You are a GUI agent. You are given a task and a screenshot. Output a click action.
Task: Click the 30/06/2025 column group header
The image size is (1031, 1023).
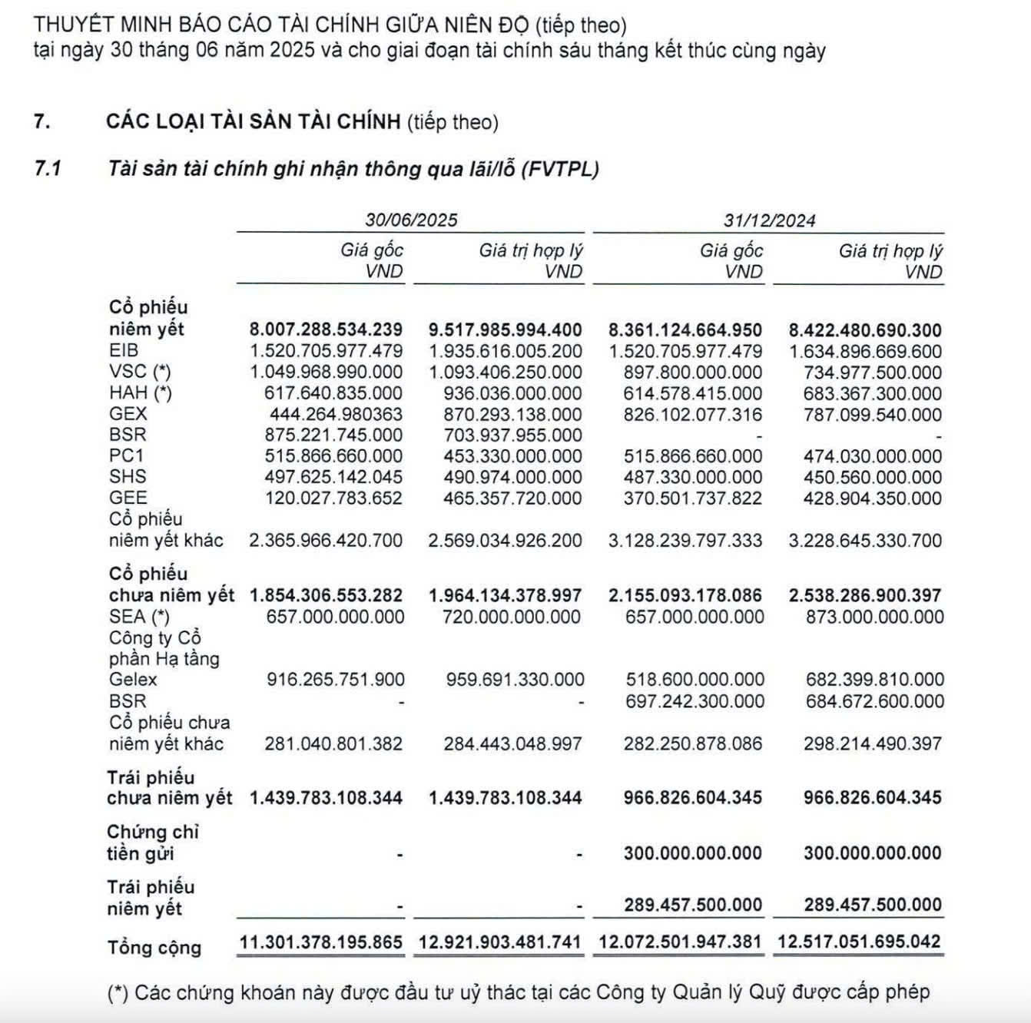(x=411, y=220)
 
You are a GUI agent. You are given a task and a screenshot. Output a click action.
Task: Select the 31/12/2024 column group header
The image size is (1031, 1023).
(x=769, y=220)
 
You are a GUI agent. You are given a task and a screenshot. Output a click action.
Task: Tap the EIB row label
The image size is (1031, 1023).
(x=124, y=351)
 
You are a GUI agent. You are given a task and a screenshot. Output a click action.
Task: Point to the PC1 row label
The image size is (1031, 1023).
(x=126, y=455)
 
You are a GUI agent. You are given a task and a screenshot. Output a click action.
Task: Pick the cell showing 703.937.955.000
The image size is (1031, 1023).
(x=512, y=435)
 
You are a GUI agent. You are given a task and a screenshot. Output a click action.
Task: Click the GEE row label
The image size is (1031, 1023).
(x=128, y=498)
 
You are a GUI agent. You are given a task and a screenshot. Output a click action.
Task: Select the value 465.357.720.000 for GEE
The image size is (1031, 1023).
(x=512, y=498)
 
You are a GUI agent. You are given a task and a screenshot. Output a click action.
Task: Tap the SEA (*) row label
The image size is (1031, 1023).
(x=139, y=617)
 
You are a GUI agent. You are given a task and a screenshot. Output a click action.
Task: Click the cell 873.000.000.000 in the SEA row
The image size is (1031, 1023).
(x=874, y=617)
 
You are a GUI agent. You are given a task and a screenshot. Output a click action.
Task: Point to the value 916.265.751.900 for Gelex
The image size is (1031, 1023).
(x=335, y=680)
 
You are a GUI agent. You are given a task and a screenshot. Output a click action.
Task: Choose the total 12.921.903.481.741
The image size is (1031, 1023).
(x=499, y=942)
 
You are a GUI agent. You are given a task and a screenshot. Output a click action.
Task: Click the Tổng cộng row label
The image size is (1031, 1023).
(x=154, y=948)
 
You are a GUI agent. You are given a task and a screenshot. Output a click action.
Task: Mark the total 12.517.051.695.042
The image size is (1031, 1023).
(x=859, y=942)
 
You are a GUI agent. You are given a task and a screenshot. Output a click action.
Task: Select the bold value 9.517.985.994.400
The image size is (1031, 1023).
(x=505, y=330)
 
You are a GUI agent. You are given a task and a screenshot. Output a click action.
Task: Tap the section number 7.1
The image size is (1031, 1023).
(x=48, y=169)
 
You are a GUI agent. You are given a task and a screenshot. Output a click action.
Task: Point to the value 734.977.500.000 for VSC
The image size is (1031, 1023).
(x=873, y=372)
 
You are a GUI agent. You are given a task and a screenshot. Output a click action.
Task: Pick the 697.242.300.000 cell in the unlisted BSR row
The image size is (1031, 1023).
(x=695, y=701)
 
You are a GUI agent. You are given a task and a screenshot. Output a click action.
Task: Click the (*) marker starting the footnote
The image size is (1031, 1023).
(x=118, y=992)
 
